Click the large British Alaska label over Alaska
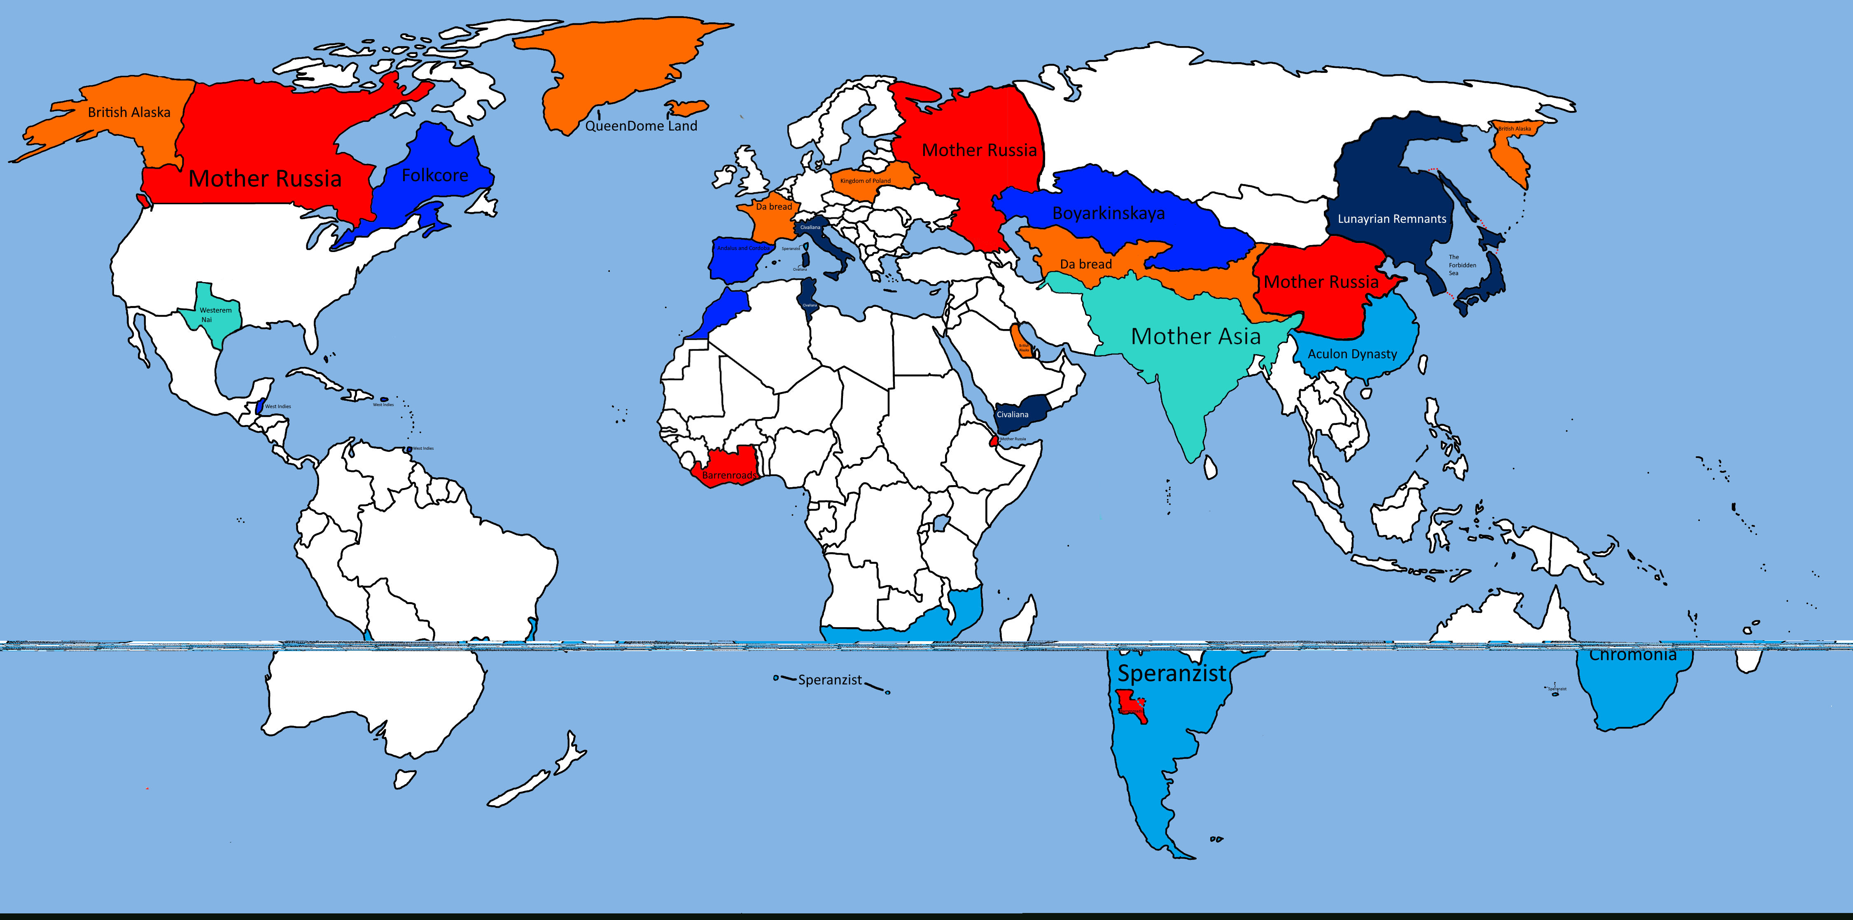tap(129, 112)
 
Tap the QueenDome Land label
tap(641, 126)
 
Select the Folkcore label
tap(434, 175)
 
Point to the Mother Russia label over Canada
tap(265, 178)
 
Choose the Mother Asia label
tap(1195, 336)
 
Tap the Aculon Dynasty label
tap(1352, 354)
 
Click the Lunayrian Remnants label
tap(1392, 219)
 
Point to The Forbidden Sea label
tap(1462, 265)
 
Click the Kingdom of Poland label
tap(866, 180)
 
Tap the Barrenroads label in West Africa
tap(729, 476)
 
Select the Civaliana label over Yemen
tap(1012, 414)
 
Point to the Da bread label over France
tap(774, 206)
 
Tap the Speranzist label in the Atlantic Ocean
tap(829, 680)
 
